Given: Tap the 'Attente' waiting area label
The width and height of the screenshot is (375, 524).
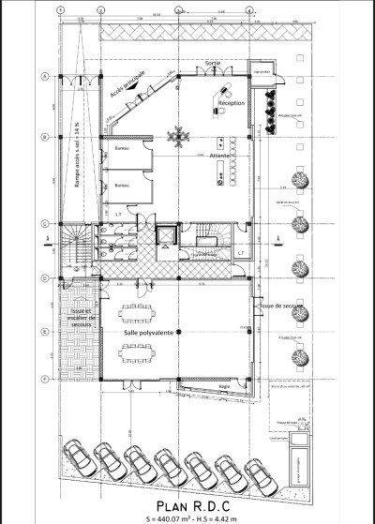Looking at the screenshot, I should tap(221, 156).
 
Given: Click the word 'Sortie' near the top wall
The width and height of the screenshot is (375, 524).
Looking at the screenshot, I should tap(214, 62).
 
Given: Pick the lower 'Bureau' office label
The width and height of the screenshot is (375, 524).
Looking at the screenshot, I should tap(122, 187).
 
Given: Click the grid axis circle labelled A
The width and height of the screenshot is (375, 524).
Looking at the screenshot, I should tap(44, 77).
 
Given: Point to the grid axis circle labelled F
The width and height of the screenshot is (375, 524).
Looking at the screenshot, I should tap(44, 378).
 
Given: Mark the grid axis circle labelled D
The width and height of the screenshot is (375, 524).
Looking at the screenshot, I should tap(44, 278).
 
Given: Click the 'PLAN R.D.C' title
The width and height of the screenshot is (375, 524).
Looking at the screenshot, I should tap(190, 499).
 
